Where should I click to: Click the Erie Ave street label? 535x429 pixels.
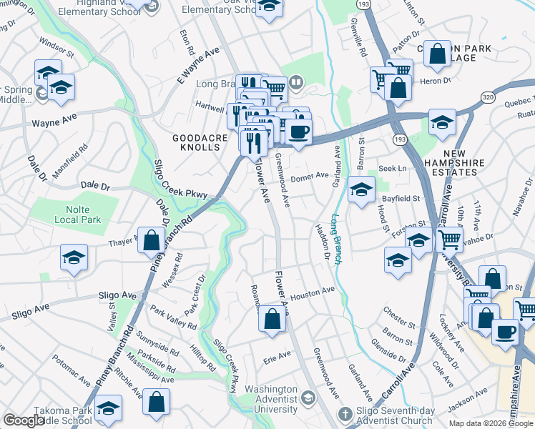click(x=278, y=355)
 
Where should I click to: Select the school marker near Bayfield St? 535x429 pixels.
click(x=362, y=190)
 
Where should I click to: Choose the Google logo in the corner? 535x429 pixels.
click(x=24, y=421)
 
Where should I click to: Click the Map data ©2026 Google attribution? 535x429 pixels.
click(x=490, y=423)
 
